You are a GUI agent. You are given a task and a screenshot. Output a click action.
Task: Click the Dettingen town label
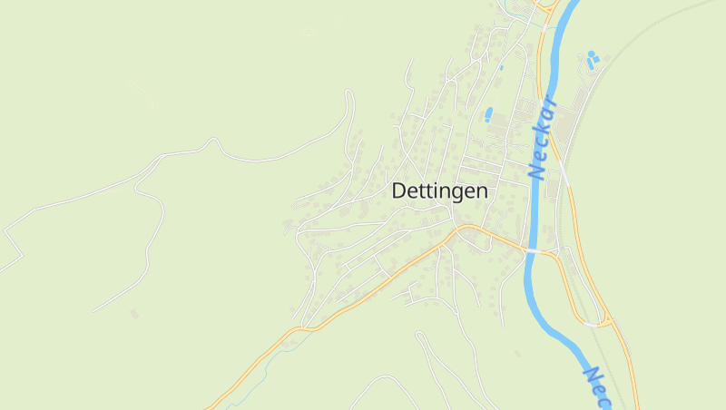(439, 191)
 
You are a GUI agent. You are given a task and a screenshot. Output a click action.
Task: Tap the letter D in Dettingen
(399, 191)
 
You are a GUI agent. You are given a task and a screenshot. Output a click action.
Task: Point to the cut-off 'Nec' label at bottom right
(598, 386)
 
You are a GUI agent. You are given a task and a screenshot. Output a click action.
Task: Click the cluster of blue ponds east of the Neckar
(592, 60)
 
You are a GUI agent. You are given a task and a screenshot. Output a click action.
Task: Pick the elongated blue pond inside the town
(489, 114)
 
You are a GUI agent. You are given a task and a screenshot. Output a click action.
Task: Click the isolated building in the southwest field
(134, 314)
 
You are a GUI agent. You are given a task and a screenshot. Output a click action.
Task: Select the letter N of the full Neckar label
(535, 170)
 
